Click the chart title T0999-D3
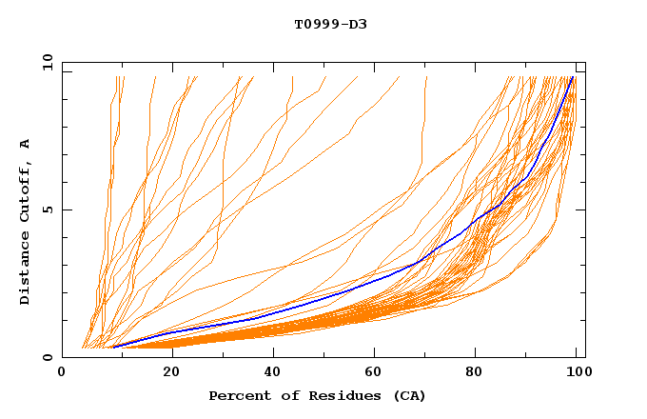[330, 24]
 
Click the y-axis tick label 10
[47, 62]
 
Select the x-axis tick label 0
[63, 373]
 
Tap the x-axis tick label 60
[376, 373]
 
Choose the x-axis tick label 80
[480, 373]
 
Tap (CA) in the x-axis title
[407, 395]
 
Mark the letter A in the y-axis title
[26, 144]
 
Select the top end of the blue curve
[572, 77]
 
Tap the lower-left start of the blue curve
[113, 347]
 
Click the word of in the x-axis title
[288, 395]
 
